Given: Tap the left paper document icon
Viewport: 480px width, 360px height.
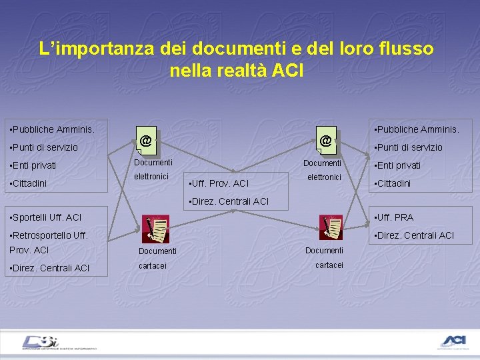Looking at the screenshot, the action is (157, 230).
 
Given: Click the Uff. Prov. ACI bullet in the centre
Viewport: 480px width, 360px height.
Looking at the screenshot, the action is (219, 183).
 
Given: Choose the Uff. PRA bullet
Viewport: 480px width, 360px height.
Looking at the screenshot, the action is (394, 217).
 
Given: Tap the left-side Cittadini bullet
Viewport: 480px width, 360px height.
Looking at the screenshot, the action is (33, 183).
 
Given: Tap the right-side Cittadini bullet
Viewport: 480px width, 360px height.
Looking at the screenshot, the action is (393, 183).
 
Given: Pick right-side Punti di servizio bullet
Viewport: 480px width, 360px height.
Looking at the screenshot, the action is (408, 147).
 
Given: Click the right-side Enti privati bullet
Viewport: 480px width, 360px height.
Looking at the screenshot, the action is (397, 165).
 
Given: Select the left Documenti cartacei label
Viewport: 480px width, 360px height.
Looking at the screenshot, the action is (157, 258).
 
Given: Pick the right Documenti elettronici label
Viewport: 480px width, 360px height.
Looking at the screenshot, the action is (323, 170).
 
